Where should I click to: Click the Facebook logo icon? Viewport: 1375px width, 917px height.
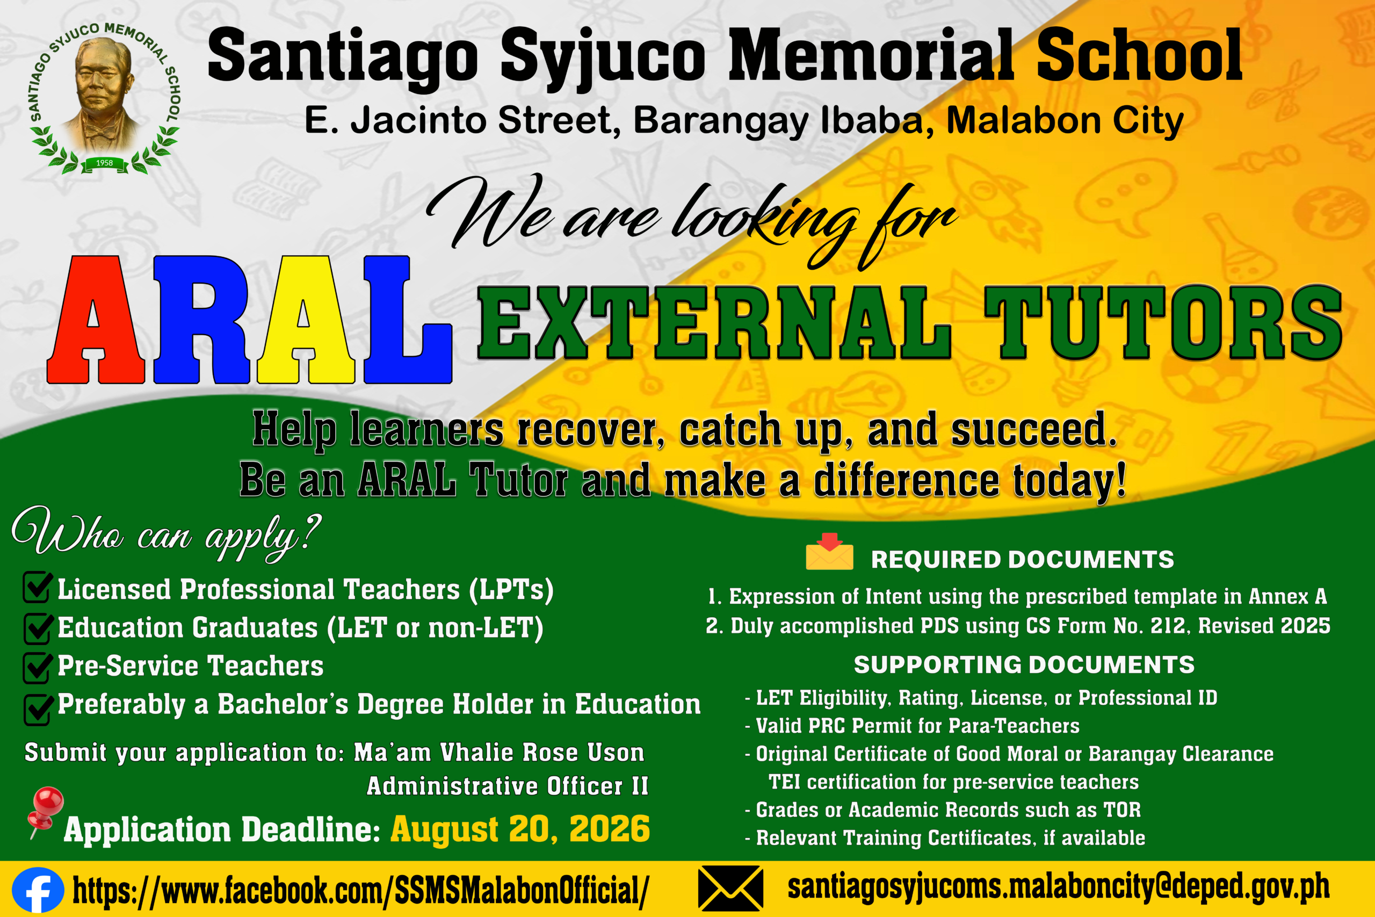click(x=38, y=890)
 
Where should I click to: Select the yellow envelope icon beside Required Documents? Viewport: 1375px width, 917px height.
click(x=829, y=552)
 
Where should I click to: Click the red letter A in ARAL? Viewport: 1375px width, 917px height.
click(x=96, y=321)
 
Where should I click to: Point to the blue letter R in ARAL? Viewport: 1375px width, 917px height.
click(x=202, y=321)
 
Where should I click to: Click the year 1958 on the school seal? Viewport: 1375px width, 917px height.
click(x=104, y=163)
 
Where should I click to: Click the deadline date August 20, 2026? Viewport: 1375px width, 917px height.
click(x=520, y=829)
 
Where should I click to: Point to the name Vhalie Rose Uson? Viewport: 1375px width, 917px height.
click(x=542, y=753)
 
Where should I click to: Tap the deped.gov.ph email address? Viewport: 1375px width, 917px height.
click(x=1059, y=887)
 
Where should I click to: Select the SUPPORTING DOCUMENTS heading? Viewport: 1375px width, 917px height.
click(x=1024, y=665)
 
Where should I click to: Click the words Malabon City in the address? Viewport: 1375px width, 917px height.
click(x=1065, y=121)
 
